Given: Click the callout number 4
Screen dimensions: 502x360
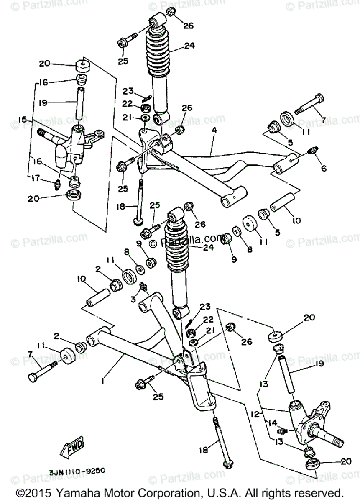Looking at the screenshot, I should pyautogui.click(x=214, y=130).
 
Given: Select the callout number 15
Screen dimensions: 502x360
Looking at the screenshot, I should pyautogui.click(x=22, y=120).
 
